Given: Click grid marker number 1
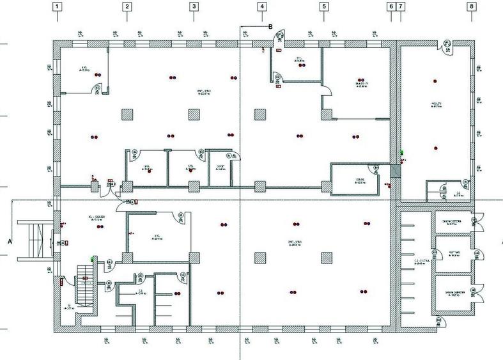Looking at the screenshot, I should tap(58, 7).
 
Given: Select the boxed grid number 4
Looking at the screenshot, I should tap(261, 7).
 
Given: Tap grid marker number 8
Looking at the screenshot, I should tap(472, 7).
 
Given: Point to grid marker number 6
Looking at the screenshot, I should tap(391, 7).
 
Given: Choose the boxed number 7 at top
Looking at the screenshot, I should tap(401, 7).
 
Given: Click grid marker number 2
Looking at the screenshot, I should tap(127, 7).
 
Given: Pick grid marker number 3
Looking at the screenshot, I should tap(194, 7).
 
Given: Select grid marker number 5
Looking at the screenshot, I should tap(323, 7).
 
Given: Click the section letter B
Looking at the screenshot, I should tap(270, 26).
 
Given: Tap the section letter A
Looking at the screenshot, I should tap(9, 242).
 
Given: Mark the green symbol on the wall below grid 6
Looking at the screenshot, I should tap(402, 153).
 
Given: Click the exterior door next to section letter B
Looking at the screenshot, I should tap(280, 40).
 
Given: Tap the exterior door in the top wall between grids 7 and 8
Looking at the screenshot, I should tap(446, 43).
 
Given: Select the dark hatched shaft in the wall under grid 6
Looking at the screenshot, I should tap(395, 171).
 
